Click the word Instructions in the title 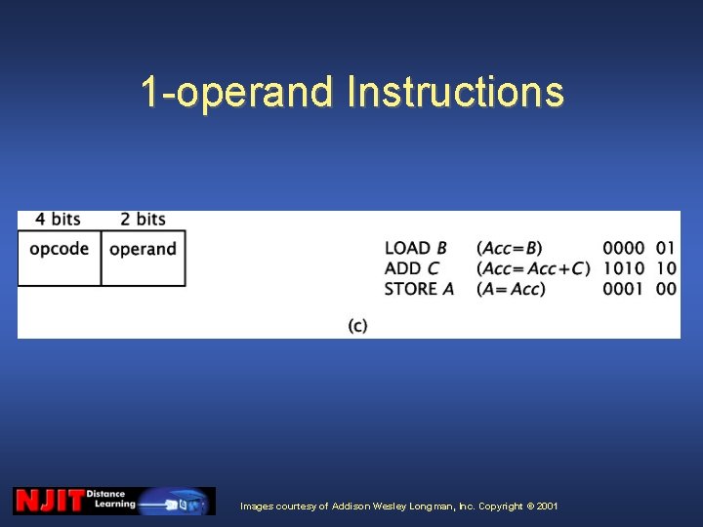pos(455,93)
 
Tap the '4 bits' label pos(59,220)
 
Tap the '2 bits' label pos(143,220)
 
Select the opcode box pos(60,258)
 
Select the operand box pos(144,258)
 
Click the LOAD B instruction pos(416,249)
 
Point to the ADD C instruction pos(412,268)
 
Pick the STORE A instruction pos(419,289)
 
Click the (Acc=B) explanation pos(510,249)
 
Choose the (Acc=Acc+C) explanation pos(533,268)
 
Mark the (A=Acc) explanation pos(511,289)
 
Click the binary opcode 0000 pos(623,249)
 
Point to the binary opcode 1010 pos(623,268)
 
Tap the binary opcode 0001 pos(623,289)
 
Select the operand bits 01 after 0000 pos(666,249)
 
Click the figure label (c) pos(358,325)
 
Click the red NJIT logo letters pos(49,502)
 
